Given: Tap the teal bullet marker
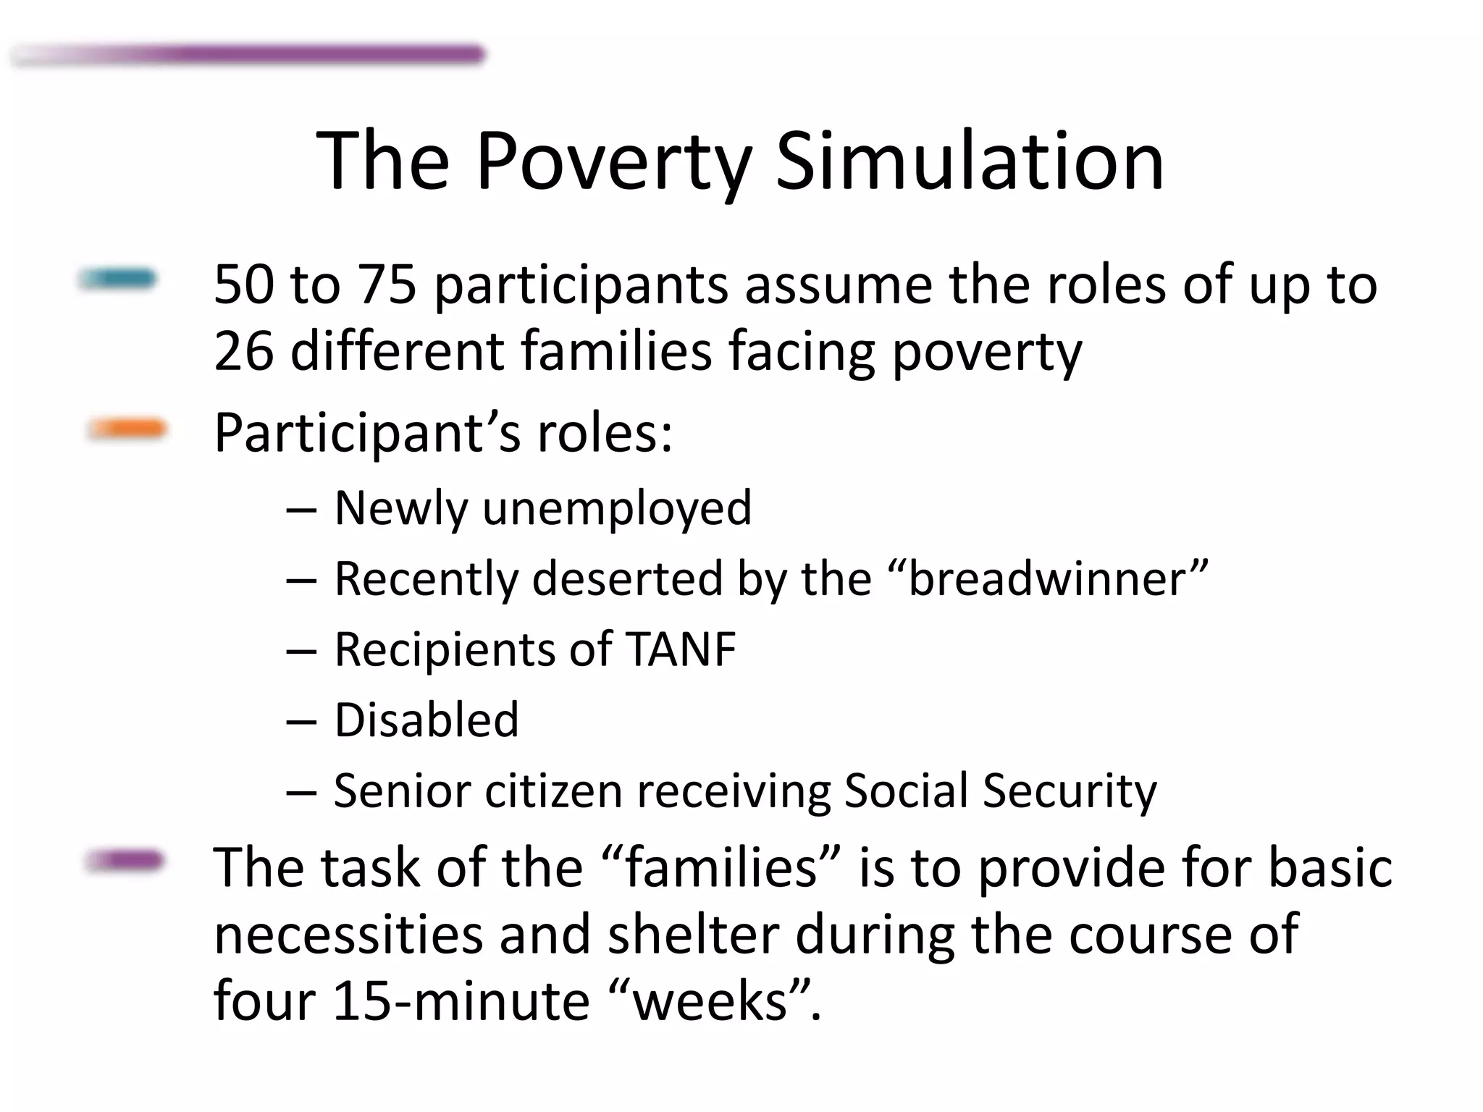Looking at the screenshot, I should (117, 279).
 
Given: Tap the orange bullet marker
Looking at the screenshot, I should (127, 429).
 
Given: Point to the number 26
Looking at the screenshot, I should (244, 350).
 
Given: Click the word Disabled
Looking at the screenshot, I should (427, 720).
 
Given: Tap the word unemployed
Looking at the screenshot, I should (617, 508).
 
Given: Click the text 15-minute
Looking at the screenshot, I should (461, 1001).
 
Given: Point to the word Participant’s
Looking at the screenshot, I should (366, 433).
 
